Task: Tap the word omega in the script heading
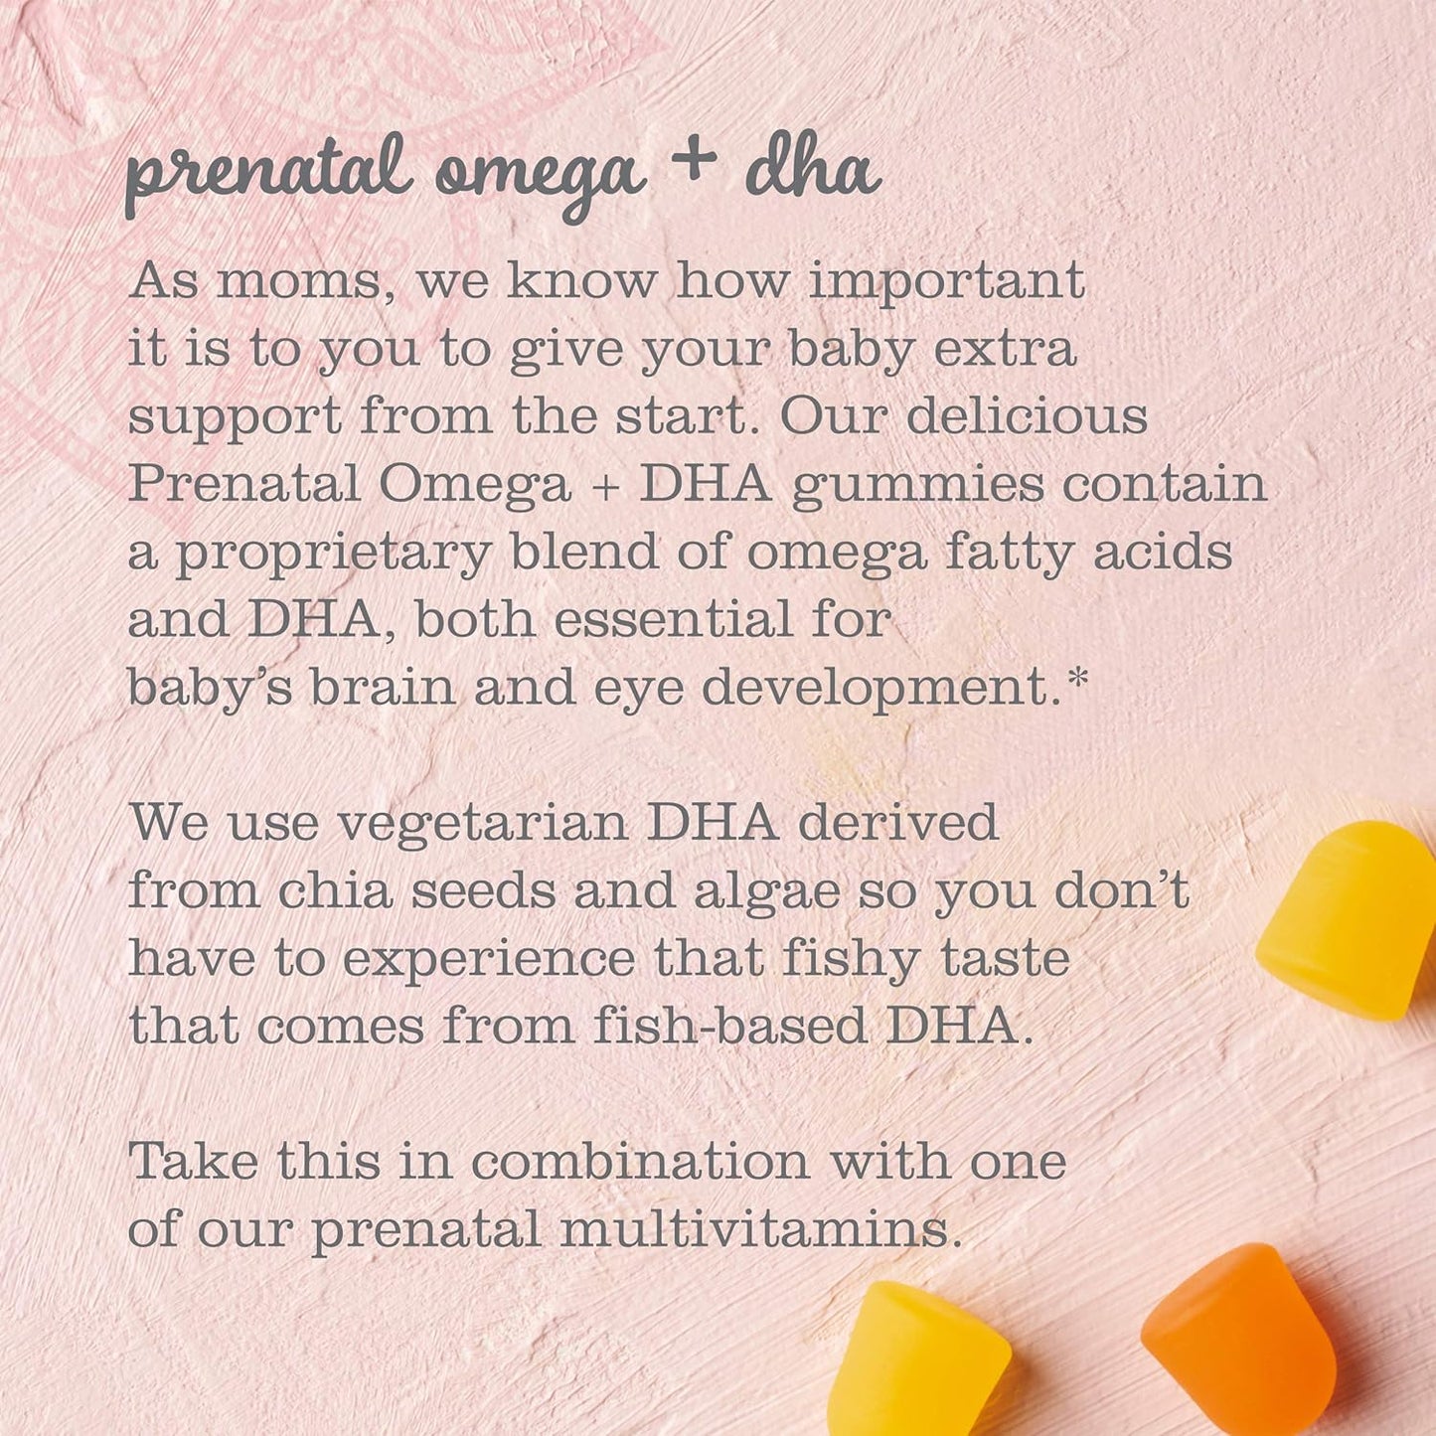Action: click(x=541, y=179)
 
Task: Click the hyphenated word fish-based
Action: click(x=728, y=1027)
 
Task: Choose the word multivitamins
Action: click(x=761, y=1229)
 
